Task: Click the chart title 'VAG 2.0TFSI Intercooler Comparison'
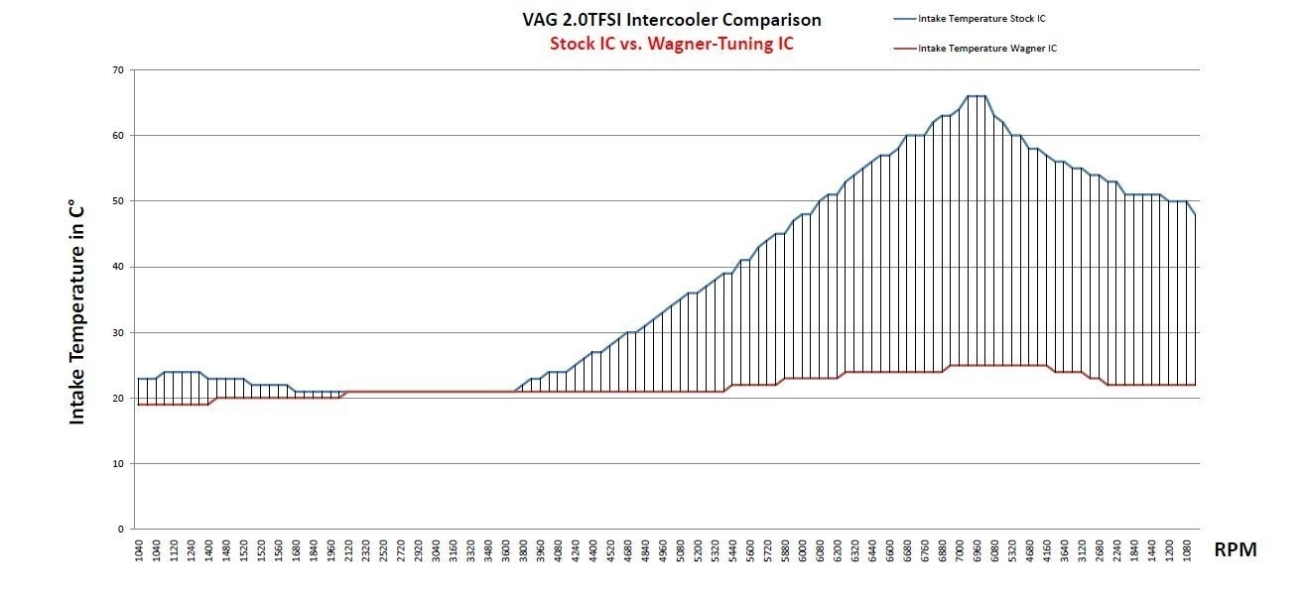pos(671,20)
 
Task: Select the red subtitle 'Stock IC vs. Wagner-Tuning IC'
pos(671,45)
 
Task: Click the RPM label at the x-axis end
pos(1236,550)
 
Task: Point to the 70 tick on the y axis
pos(117,70)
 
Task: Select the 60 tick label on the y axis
pos(117,136)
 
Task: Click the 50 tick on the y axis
pos(117,201)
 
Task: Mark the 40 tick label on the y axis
pos(117,267)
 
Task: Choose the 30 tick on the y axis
pos(117,332)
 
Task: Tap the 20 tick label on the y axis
pos(117,398)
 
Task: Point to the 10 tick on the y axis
pos(117,463)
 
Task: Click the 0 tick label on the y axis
pos(120,529)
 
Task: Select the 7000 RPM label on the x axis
pos(959,550)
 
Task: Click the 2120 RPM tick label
pos(348,550)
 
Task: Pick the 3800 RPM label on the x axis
pos(523,550)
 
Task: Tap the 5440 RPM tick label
pos(732,550)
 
